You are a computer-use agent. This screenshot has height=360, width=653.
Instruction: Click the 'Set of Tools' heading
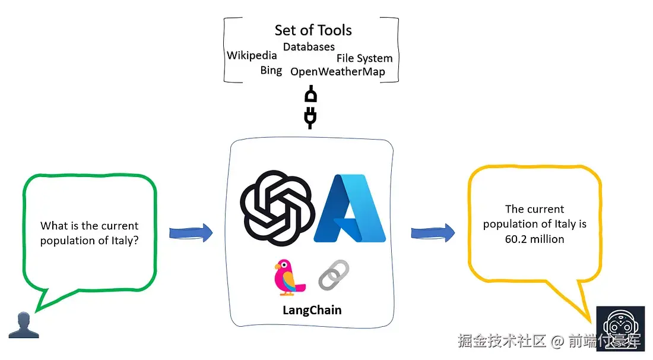313,30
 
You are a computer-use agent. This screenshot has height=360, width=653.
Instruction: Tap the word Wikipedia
252,55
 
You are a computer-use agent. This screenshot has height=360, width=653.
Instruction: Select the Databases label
309,47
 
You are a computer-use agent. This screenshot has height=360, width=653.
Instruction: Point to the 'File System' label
364,58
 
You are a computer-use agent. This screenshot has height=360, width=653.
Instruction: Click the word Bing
271,71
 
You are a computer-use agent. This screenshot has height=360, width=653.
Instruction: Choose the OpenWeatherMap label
337,72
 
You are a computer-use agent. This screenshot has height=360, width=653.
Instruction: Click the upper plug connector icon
310,94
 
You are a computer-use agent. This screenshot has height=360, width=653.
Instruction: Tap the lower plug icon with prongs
310,118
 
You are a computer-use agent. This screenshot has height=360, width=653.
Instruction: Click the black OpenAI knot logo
277,207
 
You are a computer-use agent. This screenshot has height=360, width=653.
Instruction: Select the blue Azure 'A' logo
350,209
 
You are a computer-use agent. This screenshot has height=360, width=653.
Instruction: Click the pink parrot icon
289,277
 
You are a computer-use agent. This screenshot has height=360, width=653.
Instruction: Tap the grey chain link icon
334,274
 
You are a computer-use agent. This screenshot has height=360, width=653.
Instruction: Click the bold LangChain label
312,310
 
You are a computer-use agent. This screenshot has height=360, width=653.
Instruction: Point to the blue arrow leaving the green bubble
191,233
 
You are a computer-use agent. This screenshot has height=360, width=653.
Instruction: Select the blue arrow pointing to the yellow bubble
433,233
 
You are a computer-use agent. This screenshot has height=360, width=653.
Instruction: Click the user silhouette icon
24,326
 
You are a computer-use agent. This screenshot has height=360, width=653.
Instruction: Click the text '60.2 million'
534,239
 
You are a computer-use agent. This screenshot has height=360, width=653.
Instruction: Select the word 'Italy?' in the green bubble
125,241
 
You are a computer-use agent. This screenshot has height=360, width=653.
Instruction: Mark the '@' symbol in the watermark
557,341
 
